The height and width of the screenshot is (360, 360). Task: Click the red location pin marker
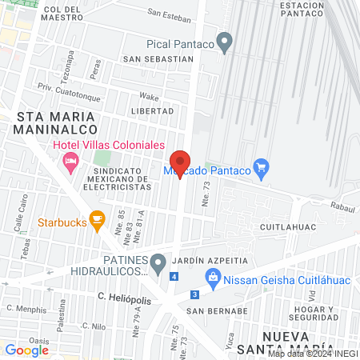[181, 162]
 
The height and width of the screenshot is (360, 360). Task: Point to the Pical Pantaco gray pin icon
[225, 41]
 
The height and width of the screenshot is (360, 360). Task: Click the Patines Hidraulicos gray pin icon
[158, 262]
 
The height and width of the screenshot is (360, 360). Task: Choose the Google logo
[27, 350]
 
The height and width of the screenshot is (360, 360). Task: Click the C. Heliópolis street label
[126, 296]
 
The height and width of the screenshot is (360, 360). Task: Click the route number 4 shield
[174, 276]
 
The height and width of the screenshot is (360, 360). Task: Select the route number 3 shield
[194, 294]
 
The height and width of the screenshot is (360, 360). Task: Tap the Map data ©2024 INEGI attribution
[313, 353]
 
